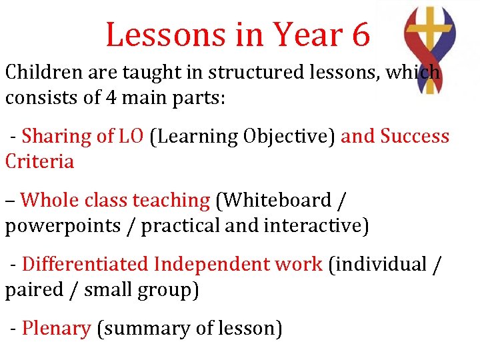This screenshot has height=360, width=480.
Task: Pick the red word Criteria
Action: tap(39, 161)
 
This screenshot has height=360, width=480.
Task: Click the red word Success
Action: tap(415, 136)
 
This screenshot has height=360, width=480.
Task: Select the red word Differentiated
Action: tap(85, 264)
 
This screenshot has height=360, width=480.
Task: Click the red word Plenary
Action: tap(56, 328)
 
